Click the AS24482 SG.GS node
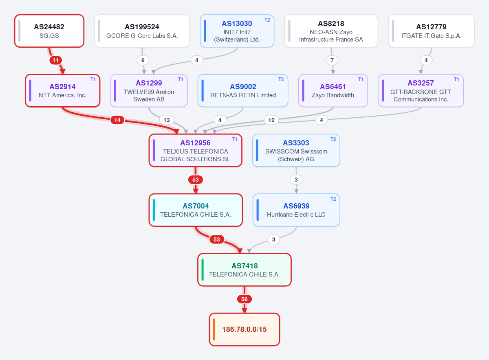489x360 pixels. pos(49,31)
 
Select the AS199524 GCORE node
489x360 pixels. pos(142,31)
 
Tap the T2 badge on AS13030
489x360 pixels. pos(267,20)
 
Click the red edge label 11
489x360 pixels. pos(56,60)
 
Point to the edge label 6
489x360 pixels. pos(143,60)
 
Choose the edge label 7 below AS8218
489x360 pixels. pos(332,60)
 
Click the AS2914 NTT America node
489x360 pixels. pos(63,90)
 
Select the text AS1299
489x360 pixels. pos(149,83)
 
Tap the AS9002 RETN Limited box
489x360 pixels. pos(243,90)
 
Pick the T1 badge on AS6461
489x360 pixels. pos(361,79)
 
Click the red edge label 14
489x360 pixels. pos(117,120)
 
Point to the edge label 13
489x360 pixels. pos(167,120)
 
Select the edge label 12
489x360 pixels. pos(271,120)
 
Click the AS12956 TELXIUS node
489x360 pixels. pos(195,150)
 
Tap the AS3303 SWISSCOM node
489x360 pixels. pos(296,150)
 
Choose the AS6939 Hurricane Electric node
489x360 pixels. pos(296,210)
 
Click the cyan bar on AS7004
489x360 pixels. pos(154,210)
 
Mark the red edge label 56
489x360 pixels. pos(244,299)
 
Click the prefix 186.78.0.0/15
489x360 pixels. pos(244,329)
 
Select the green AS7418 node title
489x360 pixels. pos(244,266)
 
